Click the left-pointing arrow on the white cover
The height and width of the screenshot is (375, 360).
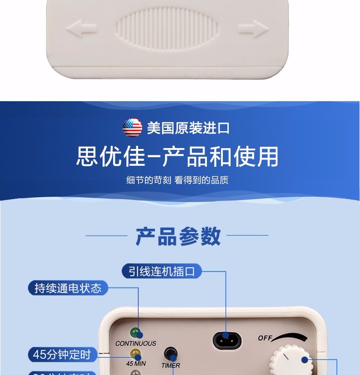coord(81,29)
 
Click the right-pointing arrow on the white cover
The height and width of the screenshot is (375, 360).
coord(253,29)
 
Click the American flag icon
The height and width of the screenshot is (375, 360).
coord(132,128)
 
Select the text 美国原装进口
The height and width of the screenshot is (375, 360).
coord(188,128)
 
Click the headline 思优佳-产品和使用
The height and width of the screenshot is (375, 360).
coord(177,156)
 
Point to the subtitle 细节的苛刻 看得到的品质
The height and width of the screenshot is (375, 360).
coord(177,180)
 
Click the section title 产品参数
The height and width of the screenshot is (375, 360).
coord(178,236)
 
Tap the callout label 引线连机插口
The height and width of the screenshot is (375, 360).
coord(162,272)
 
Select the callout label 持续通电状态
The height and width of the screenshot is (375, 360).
coord(68,288)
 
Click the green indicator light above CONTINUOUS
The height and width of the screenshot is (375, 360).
coord(135,332)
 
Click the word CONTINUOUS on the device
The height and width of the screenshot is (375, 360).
coord(135,343)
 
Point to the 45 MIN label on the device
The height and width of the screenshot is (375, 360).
coord(136,364)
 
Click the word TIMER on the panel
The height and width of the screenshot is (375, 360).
coord(170,365)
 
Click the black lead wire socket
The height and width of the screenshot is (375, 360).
coord(227,339)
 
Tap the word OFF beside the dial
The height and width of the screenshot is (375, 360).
coord(265,338)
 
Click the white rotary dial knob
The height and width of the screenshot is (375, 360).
coord(291,362)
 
